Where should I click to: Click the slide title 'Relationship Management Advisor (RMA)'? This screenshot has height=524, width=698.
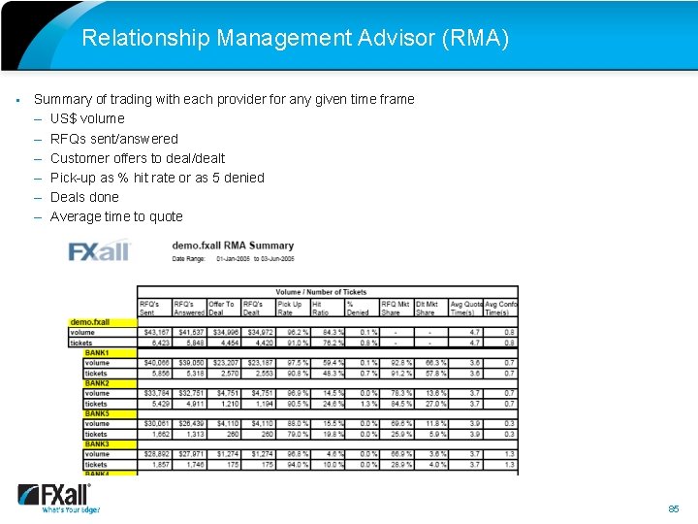(x=295, y=38)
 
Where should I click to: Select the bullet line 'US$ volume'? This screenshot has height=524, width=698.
(x=87, y=118)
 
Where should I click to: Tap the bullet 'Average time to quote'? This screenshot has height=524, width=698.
(x=115, y=216)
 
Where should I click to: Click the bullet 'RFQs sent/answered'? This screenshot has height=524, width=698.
(x=113, y=139)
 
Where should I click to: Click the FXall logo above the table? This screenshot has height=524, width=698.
(x=99, y=251)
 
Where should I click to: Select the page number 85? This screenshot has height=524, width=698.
(x=674, y=508)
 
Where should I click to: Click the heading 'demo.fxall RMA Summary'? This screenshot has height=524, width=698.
(x=233, y=246)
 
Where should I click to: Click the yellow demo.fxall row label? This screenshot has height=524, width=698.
(x=89, y=322)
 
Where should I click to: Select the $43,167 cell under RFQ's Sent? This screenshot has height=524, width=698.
(x=155, y=332)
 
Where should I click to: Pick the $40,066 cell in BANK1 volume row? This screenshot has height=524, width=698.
(x=155, y=363)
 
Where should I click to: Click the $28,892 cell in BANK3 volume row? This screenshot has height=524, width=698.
(x=155, y=454)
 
